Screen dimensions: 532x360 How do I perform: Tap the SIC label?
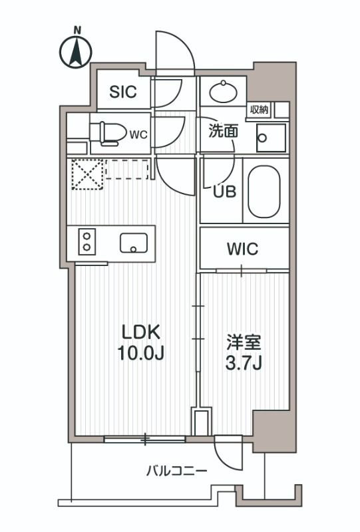(123, 92)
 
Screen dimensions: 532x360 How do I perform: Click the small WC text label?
(138, 134)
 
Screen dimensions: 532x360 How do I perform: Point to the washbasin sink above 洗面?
(223, 91)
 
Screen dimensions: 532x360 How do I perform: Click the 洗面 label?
(224, 132)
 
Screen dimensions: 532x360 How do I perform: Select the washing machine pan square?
(271, 138)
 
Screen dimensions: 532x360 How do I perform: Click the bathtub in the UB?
(266, 191)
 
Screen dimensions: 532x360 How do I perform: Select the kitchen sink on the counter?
(134, 243)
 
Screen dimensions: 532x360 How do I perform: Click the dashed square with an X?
(85, 175)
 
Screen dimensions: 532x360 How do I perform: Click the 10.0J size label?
(141, 354)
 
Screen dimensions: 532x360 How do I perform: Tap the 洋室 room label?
(244, 344)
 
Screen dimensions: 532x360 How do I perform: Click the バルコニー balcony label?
(177, 471)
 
